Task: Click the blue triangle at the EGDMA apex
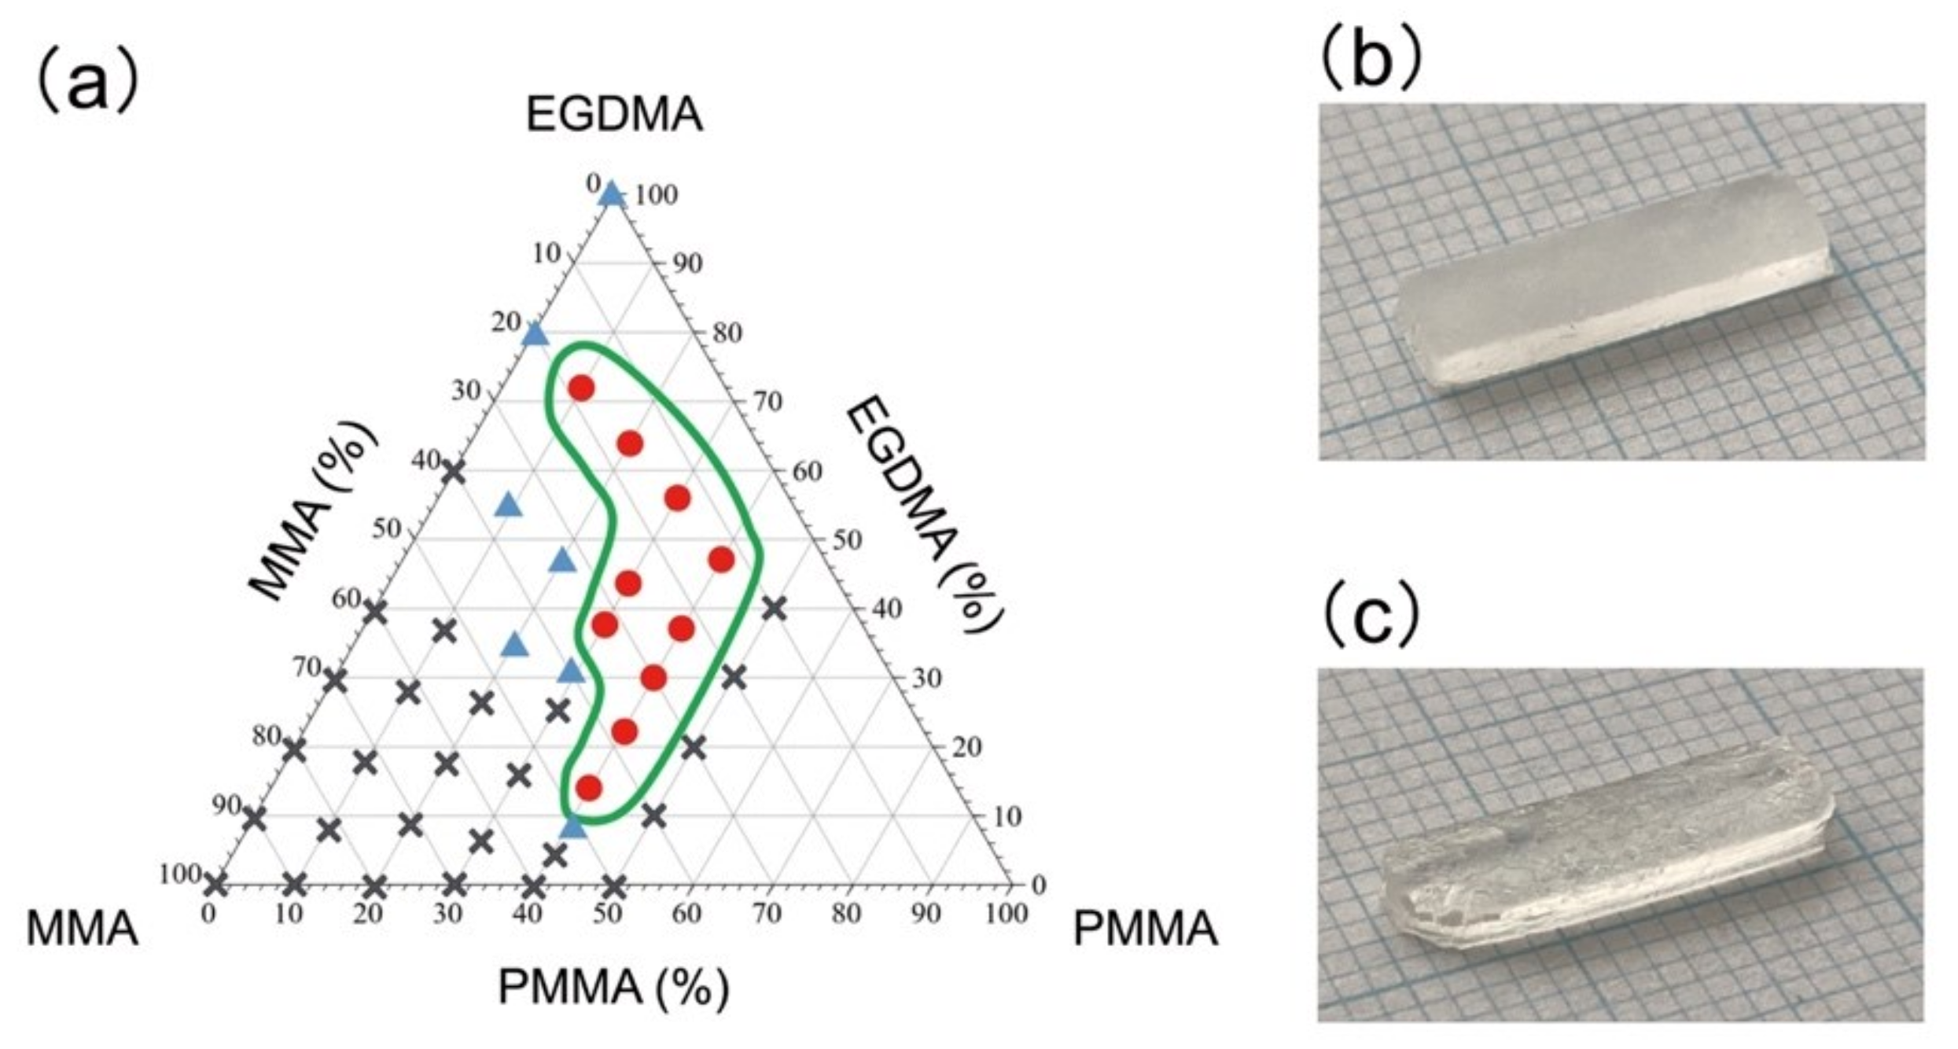point(612,193)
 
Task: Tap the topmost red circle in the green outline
point(581,388)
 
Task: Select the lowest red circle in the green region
point(589,787)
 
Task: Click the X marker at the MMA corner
point(215,885)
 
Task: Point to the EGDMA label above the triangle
point(613,115)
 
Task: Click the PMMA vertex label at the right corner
point(1145,929)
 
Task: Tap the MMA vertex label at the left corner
point(83,929)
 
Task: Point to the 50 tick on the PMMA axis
point(607,914)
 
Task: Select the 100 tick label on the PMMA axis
point(1007,914)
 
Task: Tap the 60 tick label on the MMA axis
point(346,599)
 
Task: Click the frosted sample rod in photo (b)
point(1612,283)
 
